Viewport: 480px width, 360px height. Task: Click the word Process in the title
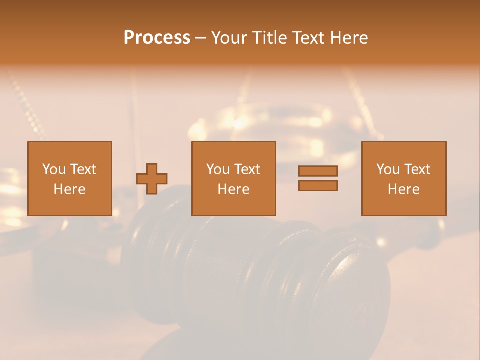[x=157, y=38]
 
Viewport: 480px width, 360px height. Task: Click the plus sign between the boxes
[x=152, y=179]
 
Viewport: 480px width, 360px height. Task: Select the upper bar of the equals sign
[x=318, y=171]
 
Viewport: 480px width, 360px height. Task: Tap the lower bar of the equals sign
[x=318, y=185]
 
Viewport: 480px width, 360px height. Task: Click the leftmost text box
[x=70, y=178]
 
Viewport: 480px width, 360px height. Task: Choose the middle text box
[x=233, y=178]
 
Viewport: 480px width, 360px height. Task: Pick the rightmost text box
[x=403, y=178]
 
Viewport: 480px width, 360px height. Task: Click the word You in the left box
[x=54, y=169]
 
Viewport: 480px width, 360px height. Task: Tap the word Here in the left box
[x=70, y=189]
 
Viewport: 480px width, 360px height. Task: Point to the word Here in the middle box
[x=233, y=189]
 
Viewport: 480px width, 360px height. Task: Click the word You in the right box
[x=388, y=169]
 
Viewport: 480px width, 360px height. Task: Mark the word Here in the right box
[x=403, y=189]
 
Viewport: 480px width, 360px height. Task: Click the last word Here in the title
[x=350, y=38]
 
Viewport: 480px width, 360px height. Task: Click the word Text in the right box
[x=417, y=169]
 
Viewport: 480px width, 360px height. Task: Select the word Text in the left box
[x=83, y=169]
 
